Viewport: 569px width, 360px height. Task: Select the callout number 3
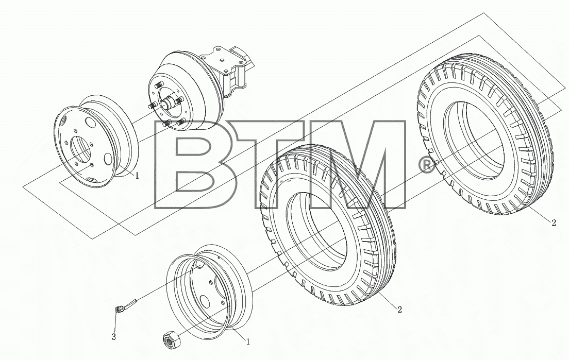(113, 337)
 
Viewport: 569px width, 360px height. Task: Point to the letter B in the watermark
(188, 165)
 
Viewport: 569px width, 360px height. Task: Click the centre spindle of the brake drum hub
(169, 104)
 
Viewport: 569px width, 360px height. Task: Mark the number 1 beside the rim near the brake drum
(137, 176)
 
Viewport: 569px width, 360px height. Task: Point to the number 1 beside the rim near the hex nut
(248, 341)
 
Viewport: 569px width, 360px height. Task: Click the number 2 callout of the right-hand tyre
(554, 223)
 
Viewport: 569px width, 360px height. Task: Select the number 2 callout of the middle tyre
(399, 310)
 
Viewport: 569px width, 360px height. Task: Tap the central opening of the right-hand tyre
(474, 140)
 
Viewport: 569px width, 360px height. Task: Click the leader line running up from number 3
(115, 321)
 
